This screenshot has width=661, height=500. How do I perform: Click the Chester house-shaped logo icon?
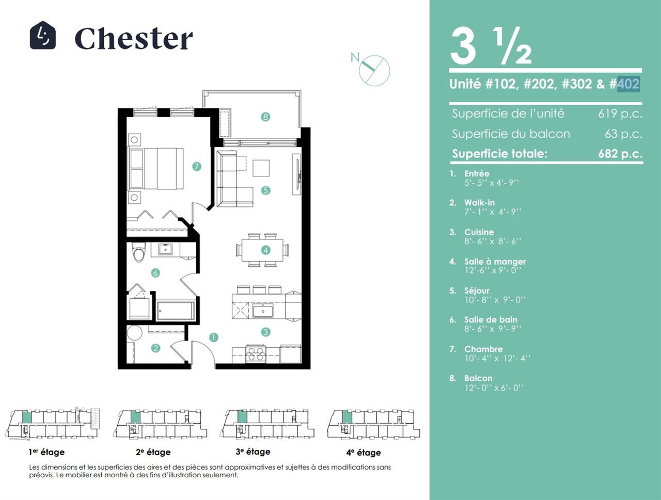click(x=43, y=35)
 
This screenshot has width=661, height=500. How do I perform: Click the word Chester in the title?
click(x=133, y=38)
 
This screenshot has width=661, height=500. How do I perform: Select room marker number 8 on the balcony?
click(x=265, y=117)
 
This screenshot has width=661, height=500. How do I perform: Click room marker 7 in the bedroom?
click(x=197, y=166)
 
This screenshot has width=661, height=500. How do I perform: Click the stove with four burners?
click(x=256, y=354)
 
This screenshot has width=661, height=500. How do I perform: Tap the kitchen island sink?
click(x=263, y=311)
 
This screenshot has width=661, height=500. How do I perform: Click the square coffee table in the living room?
click(x=261, y=168)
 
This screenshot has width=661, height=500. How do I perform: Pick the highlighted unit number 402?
click(x=628, y=84)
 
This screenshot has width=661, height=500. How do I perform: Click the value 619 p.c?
click(x=620, y=114)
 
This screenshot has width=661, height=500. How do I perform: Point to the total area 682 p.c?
click(x=620, y=154)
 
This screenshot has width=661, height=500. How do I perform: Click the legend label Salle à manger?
click(x=495, y=262)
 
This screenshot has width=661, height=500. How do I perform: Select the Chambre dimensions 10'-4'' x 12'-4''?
click(x=497, y=358)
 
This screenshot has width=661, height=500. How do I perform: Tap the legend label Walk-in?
click(x=479, y=202)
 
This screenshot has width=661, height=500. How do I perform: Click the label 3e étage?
click(x=253, y=451)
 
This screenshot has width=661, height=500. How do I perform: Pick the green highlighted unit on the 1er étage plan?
click(x=27, y=417)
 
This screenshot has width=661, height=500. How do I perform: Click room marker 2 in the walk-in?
click(x=155, y=348)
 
